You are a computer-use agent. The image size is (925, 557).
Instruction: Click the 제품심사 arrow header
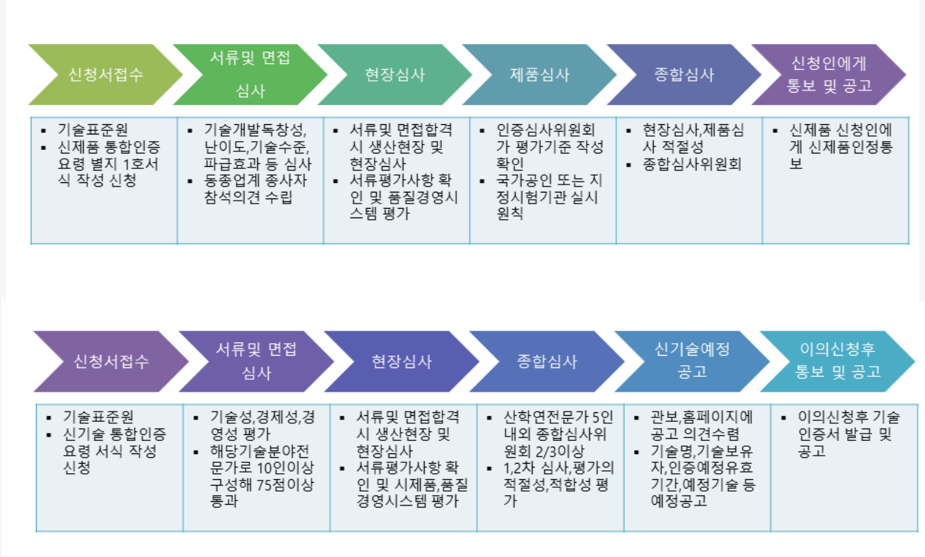(x=539, y=75)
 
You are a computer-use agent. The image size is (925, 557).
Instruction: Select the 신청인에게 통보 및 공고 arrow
(x=829, y=75)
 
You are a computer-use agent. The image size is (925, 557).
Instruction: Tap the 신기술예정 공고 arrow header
(x=691, y=360)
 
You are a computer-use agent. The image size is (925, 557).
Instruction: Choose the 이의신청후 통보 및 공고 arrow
(x=838, y=360)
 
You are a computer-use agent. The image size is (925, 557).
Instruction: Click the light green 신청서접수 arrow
(x=106, y=75)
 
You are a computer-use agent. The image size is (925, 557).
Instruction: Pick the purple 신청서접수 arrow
(x=112, y=361)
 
